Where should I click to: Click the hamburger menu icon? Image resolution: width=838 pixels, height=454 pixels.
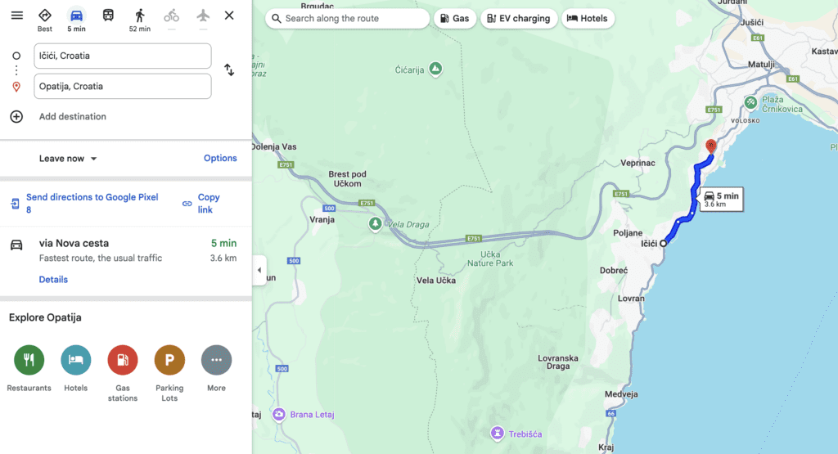coord(17,16)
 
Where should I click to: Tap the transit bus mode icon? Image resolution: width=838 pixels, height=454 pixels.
coord(108,16)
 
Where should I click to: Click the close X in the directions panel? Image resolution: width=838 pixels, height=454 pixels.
coord(229,16)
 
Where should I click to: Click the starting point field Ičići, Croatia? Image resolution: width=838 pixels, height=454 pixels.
coord(123,56)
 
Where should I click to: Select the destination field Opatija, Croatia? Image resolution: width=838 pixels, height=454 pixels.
coord(123,86)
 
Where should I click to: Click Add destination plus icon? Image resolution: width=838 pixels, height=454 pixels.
coord(16,116)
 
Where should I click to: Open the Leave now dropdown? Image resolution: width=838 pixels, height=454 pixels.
coord(68,159)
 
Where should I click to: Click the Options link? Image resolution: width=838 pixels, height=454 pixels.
coord(220,159)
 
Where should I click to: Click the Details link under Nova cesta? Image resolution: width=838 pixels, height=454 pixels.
coord(53,280)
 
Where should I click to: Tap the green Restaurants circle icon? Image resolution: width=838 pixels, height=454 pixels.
coord(29,360)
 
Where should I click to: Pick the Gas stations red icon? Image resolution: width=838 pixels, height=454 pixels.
coord(123,360)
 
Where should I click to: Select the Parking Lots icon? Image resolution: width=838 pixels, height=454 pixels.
coord(169,360)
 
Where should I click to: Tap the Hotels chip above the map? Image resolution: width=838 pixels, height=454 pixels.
coord(588,19)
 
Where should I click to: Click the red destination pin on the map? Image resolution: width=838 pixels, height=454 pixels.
coord(711,146)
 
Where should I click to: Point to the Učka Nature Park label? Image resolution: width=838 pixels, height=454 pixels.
coord(490,258)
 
